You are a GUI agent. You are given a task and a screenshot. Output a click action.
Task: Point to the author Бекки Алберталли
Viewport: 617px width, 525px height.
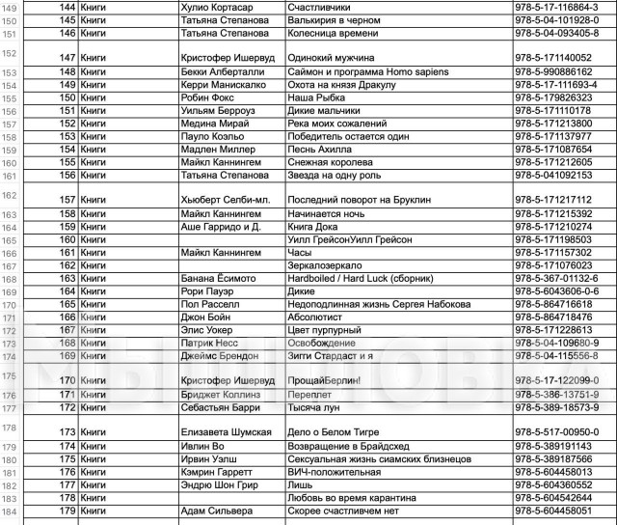coord(220,71)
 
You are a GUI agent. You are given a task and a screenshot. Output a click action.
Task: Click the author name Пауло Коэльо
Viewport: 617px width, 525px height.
coord(214,136)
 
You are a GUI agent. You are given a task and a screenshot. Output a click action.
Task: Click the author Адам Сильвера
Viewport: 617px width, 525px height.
coord(217,511)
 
